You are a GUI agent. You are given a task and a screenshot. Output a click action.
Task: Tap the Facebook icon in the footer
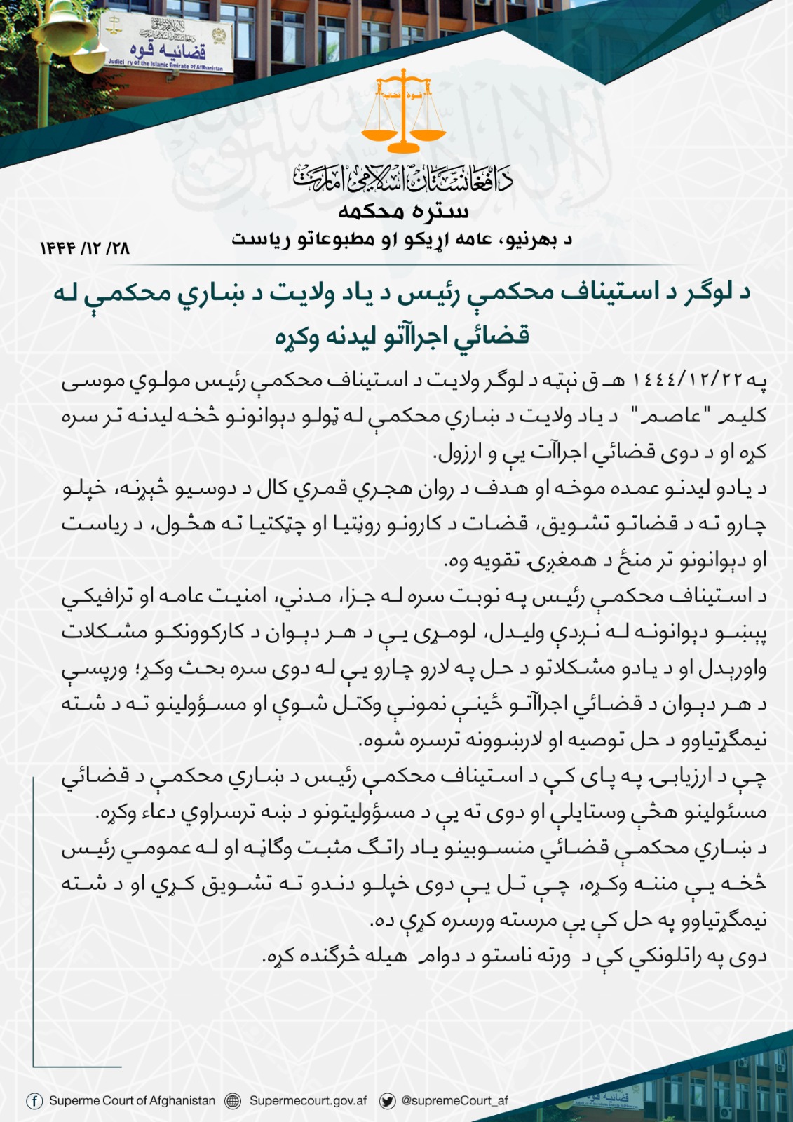(34, 1101)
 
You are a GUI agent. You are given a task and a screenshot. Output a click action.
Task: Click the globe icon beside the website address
(233, 1101)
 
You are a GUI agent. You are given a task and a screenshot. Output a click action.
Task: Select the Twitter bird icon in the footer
(387, 1101)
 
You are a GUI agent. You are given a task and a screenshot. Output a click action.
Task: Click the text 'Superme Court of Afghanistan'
(132, 1101)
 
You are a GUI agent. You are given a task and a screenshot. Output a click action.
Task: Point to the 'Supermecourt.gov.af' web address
(308, 1101)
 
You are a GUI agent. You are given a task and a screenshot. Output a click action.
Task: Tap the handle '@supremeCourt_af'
(454, 1101)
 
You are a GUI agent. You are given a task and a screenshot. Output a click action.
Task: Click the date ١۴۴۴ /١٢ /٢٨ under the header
(85, 248)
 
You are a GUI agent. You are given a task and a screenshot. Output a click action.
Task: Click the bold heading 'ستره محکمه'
(403, 210)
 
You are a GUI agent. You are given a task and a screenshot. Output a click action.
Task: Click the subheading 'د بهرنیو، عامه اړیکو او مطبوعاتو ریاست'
(402, 240)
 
